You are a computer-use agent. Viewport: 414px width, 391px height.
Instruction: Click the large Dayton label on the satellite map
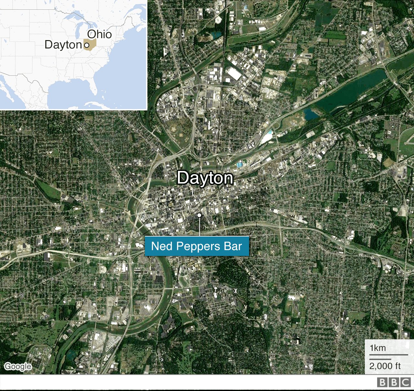coord(205,178)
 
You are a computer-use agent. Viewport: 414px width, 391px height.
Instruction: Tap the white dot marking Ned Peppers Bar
coord(199,215)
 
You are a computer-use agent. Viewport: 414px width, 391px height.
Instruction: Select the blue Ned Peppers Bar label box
coord(197,246)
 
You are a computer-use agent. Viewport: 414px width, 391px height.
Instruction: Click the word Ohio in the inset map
coord(99,34)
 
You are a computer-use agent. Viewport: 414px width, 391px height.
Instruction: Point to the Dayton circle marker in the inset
coord(86,46)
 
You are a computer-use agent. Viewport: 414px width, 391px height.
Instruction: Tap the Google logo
coord(18,366)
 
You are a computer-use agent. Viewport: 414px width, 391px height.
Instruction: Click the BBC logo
coord(394,383)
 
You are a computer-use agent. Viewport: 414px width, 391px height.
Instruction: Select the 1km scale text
coord(378,348)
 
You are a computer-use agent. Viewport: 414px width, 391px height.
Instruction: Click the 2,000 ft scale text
coord(385,366)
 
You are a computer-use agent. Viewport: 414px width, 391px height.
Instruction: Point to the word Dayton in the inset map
coord(63,45)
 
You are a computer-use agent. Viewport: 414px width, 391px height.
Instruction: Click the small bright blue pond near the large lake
coord(310,114)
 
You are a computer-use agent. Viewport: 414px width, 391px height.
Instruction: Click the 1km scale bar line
coord(388,355)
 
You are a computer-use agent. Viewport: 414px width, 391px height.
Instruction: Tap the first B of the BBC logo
coord(383,383)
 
